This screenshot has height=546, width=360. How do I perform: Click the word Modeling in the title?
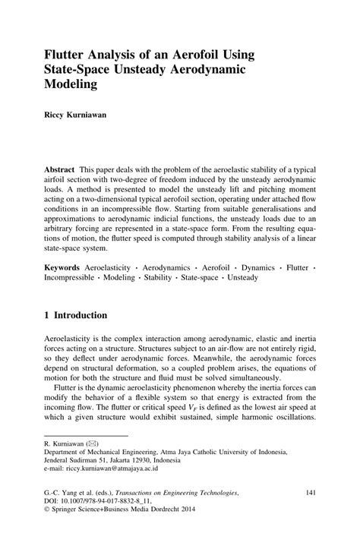71,85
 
